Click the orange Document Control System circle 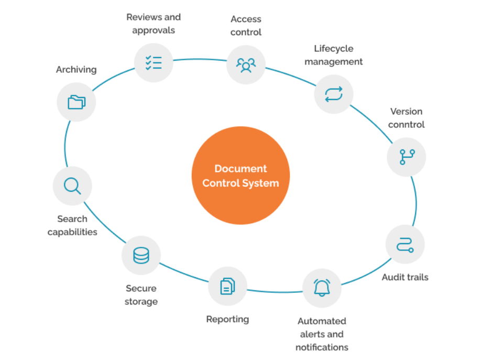[240, 176]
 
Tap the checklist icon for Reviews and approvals [154, 63]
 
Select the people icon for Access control [246, 65]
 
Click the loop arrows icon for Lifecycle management [333, 94]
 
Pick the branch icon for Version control [407, 157]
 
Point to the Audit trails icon [405, 244]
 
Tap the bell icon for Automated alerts [322, 288]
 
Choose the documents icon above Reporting [227, 286]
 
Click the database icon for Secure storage [141, 255]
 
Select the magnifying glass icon [72, 186]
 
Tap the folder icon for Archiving [76, 102]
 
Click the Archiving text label [76, 69]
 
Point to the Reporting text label [227, 319]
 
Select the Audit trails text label [405, 277]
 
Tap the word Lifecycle [334, 48]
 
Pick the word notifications [322, 347]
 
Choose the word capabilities [72, 232]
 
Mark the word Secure [141, 288]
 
